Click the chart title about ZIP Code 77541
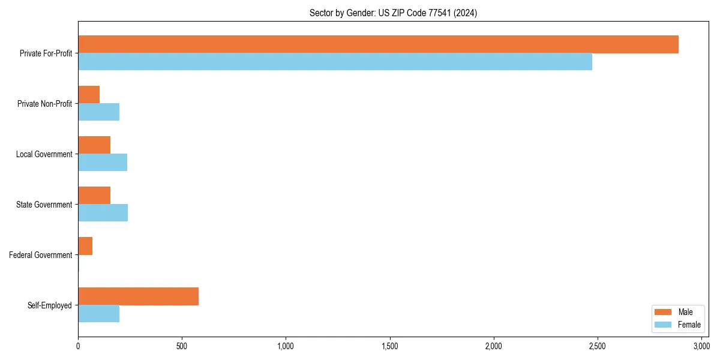(393, 13)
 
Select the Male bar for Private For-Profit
(378, 44)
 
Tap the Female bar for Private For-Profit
(335, 62)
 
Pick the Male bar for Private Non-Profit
(89, 95)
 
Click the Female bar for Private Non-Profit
(98, 112)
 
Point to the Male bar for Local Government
(94, 145)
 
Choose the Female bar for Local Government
(103, 163)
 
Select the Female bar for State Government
(103, 213)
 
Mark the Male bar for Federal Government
(85, 246)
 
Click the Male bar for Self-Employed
(138, 296)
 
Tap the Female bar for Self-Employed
(98, 314)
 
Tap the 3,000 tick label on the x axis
(701, 346)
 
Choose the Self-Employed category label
(50, 305)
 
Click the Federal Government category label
(41, 255)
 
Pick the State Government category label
(44, 205)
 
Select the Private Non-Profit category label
(44, 104)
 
